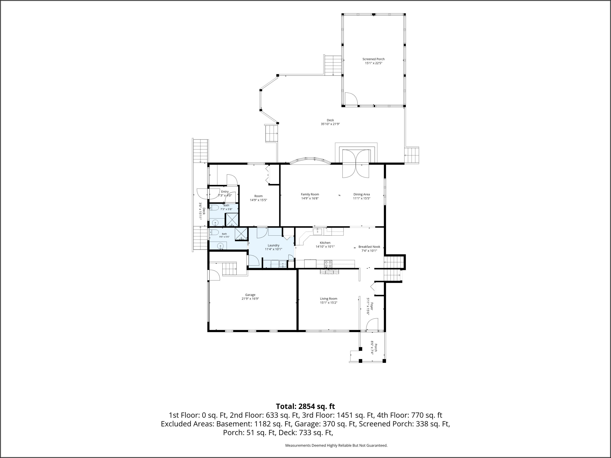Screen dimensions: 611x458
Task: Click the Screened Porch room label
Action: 374,59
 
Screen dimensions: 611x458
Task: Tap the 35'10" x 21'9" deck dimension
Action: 330,124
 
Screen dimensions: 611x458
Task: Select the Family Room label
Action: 310,194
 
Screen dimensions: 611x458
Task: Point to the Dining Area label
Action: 362,194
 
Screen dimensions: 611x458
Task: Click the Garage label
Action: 250,295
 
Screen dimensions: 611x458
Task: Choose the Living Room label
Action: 329,299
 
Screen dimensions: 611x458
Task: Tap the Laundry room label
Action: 274,245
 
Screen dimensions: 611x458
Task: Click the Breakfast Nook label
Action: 369,247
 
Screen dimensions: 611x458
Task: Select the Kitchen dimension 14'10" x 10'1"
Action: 325,247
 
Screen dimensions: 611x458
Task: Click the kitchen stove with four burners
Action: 328,264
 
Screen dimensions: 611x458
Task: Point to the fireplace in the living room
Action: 330,272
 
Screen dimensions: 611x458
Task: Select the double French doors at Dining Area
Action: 356,163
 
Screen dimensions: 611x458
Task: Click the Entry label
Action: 225,192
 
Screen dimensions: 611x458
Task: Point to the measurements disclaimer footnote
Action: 336,445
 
